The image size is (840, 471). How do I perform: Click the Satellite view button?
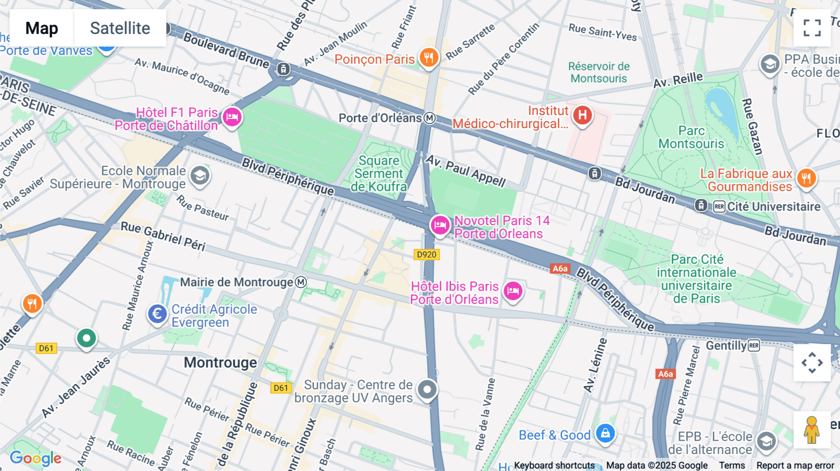click(x=120, y=28)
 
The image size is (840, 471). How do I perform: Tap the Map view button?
click(x=42, y=28)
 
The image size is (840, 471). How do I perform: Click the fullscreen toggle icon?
click(x=812, y=28)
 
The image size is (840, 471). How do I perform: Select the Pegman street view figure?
click(x=812, y=429)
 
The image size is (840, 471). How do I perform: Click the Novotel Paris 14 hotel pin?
click(x=440, y=226)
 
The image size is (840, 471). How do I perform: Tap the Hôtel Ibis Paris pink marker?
click(x=513, y=291)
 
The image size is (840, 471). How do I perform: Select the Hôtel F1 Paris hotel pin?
click(x=232, y=117)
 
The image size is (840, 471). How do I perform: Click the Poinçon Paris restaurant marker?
click(x=428, y=58)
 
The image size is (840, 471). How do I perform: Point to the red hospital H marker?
click(x=582, y=115)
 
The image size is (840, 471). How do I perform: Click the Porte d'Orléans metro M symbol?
click(x=430, y=118)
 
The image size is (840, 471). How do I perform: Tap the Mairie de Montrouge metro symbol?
click(x=301, y=282)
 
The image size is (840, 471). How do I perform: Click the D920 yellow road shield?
click(x=427, y=255)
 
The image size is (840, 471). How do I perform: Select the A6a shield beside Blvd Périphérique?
click(x=560, y=268)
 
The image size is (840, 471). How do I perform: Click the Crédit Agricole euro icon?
click(x=157, y=314)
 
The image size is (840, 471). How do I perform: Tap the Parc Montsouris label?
click(x=691, y=137)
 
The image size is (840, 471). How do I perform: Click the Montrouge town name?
click(x=220, y=362)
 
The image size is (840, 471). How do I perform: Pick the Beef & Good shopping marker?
click(x=605, y=433)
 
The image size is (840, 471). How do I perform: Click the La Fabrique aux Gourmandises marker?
click(x=806, y=178)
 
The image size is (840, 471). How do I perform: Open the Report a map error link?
click(x=795, y=465)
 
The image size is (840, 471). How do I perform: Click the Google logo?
click(x=35, y=458)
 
